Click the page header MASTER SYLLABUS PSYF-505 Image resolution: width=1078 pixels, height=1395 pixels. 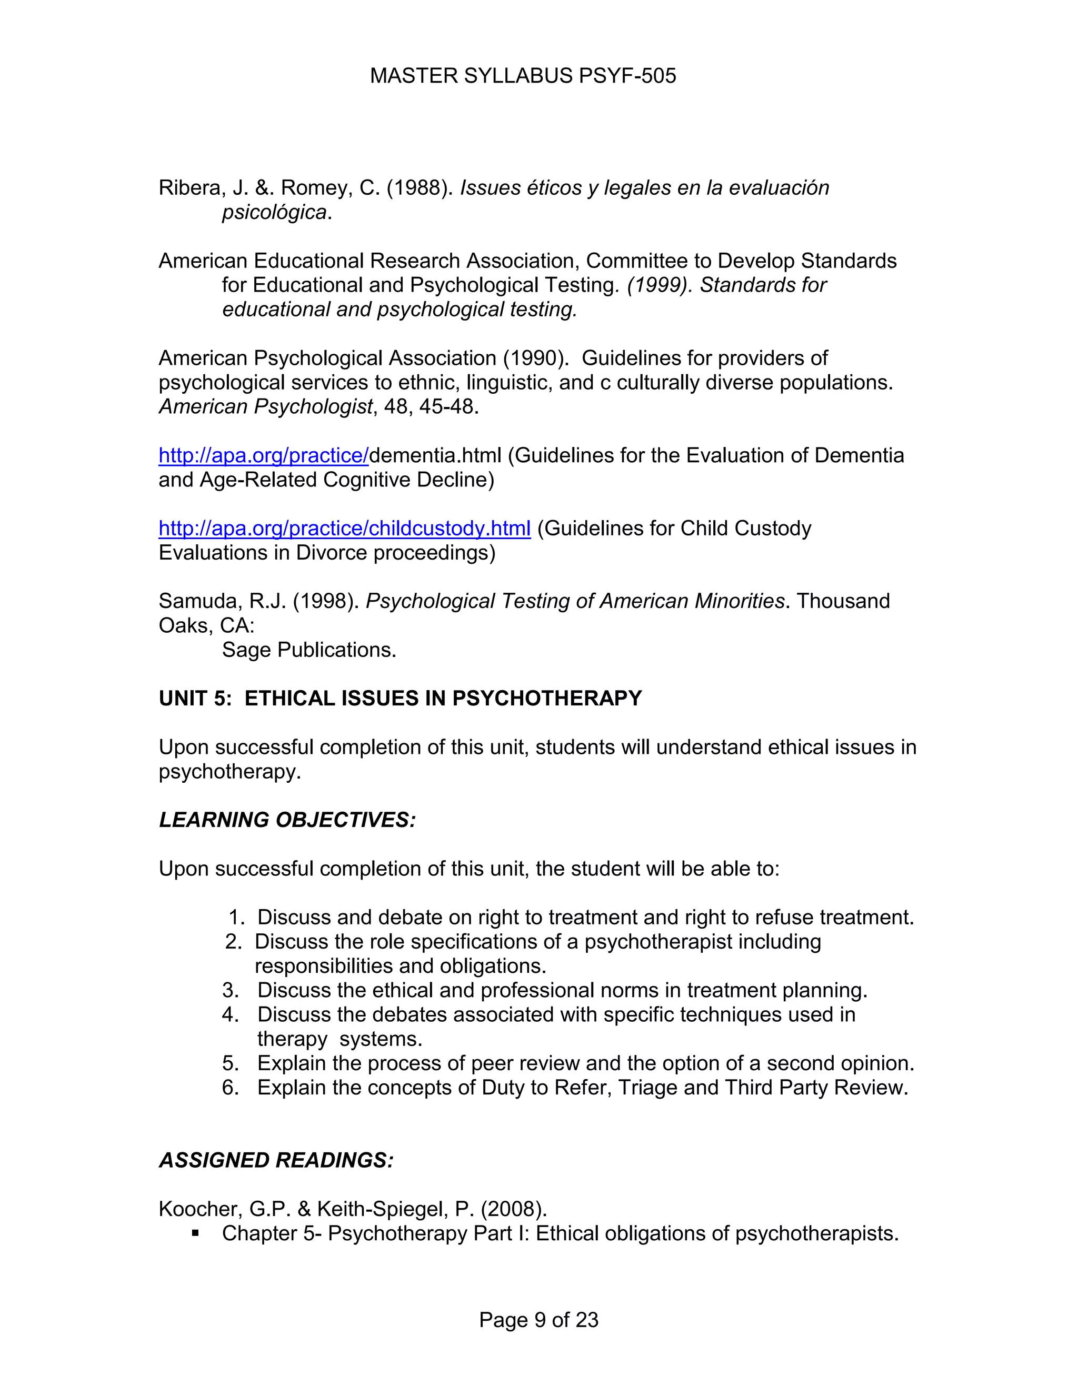coord(522,76)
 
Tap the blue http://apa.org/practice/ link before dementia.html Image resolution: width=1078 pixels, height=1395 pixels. coord(263,455)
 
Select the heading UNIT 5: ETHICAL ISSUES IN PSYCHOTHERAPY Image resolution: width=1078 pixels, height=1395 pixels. coord(400,698)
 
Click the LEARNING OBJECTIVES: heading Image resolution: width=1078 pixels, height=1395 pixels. coord(287,820)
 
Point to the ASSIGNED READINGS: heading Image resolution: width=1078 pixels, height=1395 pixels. coord(276,1160)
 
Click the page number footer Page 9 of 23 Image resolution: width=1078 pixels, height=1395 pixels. coord(538,1320)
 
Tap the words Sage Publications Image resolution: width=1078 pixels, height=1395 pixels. coord(308,650)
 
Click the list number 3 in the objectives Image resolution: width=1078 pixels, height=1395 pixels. coord(230,990)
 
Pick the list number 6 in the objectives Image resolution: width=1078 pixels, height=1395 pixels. coord(230,1087)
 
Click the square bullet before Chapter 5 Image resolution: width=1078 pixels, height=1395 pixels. coord(196,1233)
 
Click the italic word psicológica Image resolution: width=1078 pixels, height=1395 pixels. coord(274,212)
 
